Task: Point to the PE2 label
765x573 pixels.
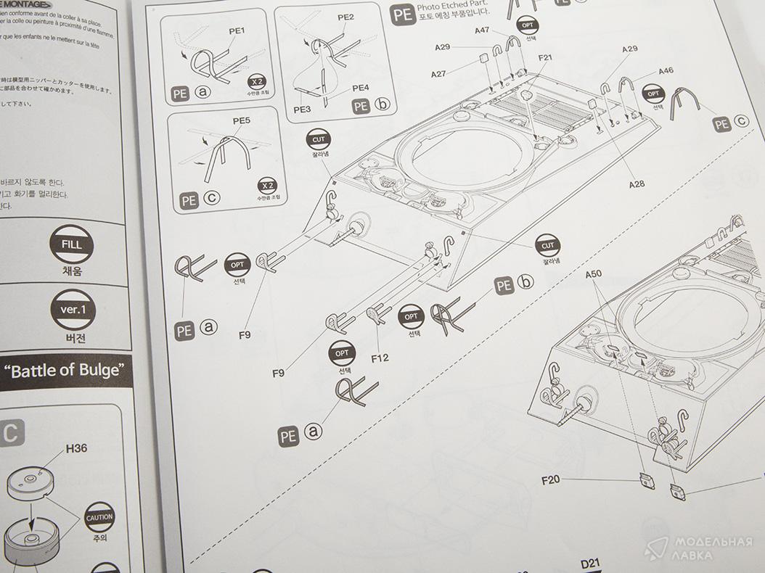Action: click(346, 17)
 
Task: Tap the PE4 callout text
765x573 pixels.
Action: click(361, 88)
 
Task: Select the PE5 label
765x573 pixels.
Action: click(242, 120)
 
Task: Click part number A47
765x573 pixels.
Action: click(483, 30)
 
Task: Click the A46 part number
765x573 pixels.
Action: click(666, 71)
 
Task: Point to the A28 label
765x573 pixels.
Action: click(636, 184)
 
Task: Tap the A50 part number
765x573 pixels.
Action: click(595, 276)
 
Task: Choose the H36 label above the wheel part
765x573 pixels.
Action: click(76, 448)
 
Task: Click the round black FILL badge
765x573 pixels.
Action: click(72, 245)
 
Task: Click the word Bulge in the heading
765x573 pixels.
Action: click(102, 370)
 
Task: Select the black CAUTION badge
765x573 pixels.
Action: click(99, 517)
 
